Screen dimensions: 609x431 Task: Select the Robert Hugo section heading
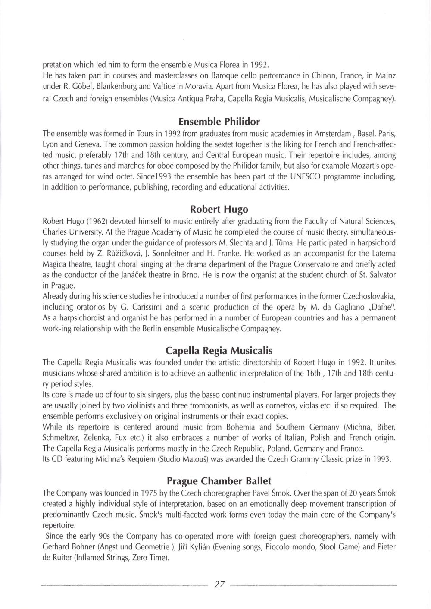tap(219, 210)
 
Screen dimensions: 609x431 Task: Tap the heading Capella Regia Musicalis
tap(219, 350)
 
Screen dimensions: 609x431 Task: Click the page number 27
tap(219, 585)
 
